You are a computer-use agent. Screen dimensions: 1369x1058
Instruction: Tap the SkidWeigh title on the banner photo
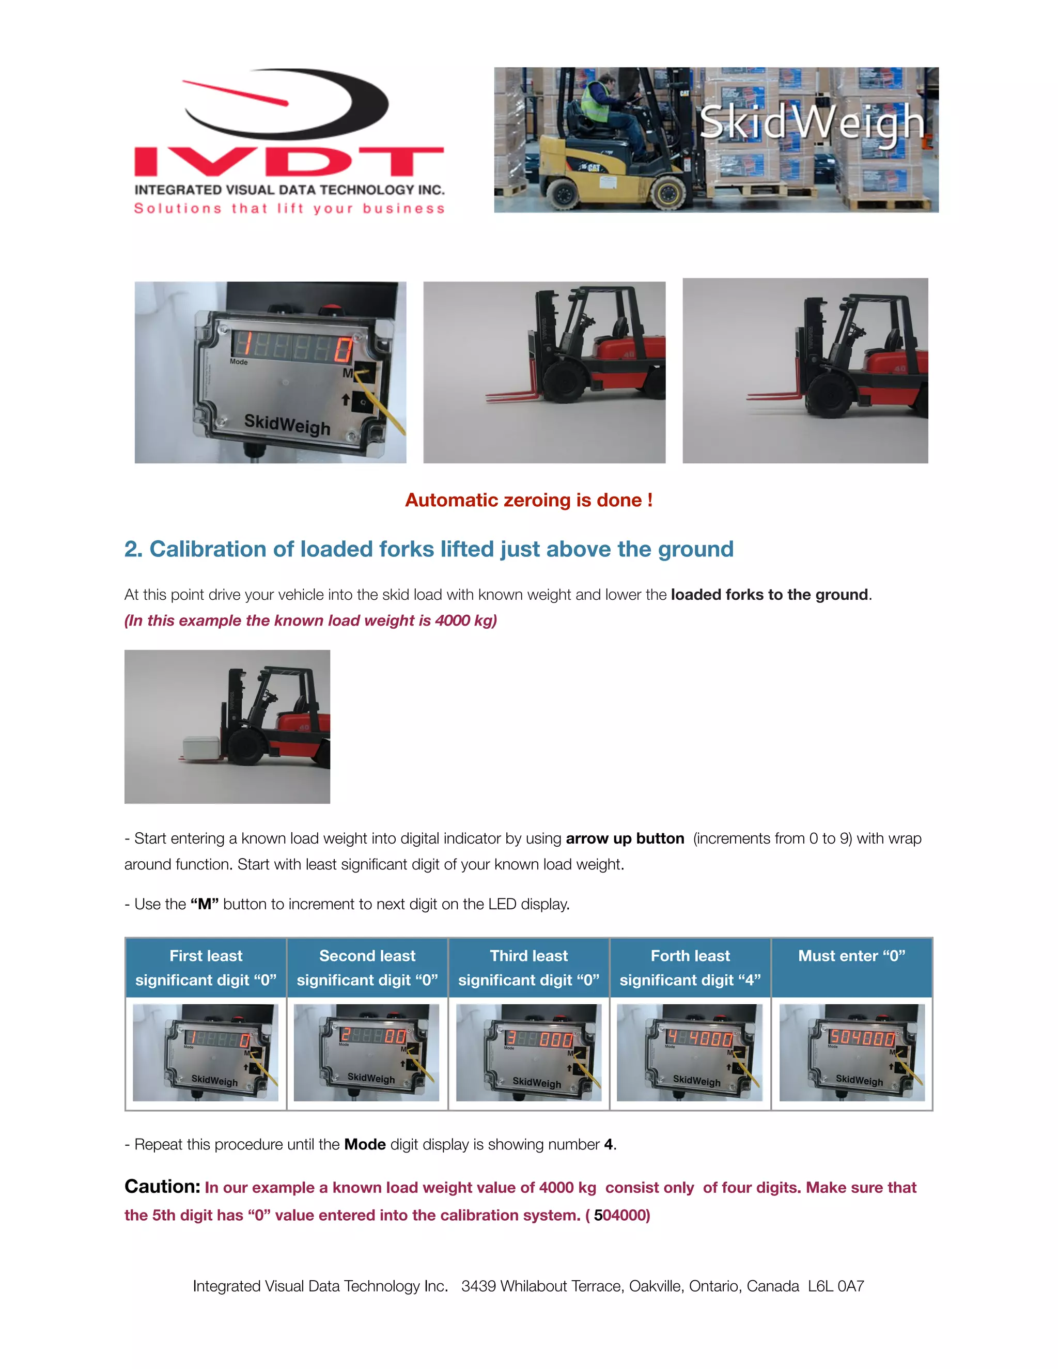click(x=811, y=122)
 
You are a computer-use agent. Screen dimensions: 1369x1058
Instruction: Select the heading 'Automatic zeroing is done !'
click(x=528, y=500)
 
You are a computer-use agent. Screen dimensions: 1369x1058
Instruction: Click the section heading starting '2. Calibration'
click(x=429, y=549)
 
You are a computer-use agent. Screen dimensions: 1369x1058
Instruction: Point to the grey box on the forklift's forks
click(x=200, y=746)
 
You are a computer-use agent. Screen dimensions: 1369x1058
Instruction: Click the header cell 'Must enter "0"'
click(x=851, y=956)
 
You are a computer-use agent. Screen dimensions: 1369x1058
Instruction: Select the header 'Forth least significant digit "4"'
click(x=690, y=968)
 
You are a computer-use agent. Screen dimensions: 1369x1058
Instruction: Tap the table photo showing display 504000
click(x=851, y=1052)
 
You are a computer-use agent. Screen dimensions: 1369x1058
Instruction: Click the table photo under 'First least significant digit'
click(x=206, y=1052)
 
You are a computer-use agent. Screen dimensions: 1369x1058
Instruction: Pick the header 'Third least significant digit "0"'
click(x=528, y=968)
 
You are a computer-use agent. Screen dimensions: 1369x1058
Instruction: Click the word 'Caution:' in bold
click(x=162, y=1187)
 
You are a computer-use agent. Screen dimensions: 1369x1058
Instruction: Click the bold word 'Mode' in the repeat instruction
click(x=365, y=1145)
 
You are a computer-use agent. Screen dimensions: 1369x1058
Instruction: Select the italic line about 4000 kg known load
click(x=310, y=620)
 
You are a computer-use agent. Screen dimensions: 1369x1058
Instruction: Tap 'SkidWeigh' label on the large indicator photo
click(x=287, y=424)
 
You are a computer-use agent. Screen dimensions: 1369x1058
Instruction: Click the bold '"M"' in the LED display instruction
click(x=205, y=905)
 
